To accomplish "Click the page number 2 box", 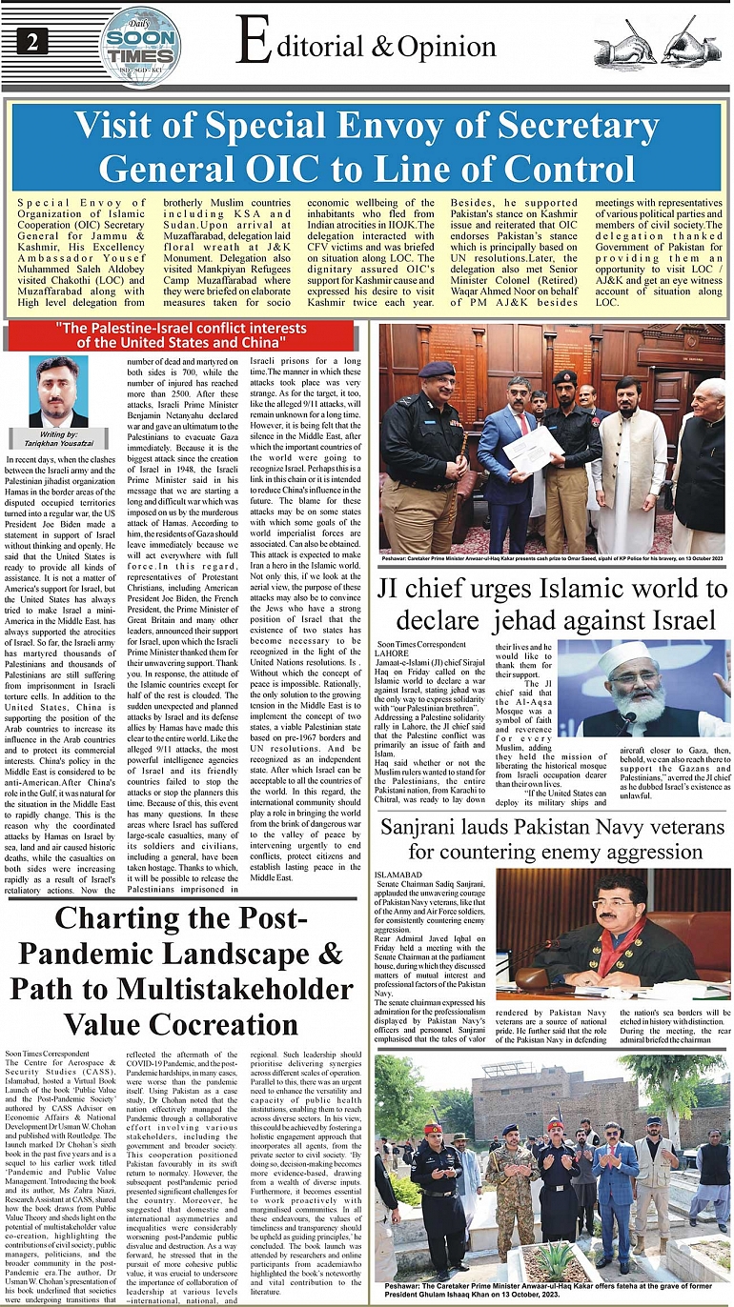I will coord(32,42).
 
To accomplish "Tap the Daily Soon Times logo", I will coord(140,46).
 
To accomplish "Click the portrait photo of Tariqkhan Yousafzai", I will coord(58,392).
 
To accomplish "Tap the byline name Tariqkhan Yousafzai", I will coord(58,443).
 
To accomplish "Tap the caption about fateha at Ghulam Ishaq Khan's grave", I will coord(551,1290).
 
